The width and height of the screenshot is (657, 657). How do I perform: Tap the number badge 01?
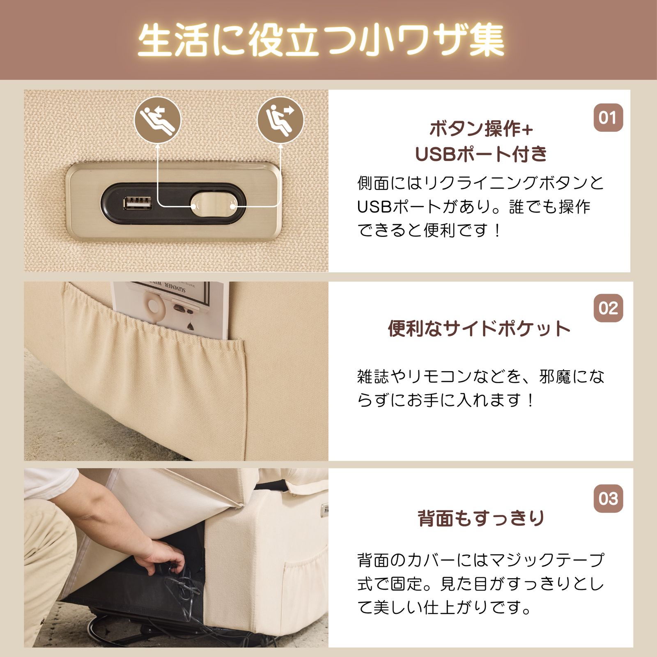pyautogui.click(x=608, y=118)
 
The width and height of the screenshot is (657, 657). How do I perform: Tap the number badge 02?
pyautogui.click(x=608, y=308)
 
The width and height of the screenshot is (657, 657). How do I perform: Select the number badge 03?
pyautogui.click(x=608, y=498)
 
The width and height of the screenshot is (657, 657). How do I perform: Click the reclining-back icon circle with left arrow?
pyautogui.click(x=157, y=120)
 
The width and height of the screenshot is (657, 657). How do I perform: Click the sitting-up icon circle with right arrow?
pyautogui.click(x=280, y=120)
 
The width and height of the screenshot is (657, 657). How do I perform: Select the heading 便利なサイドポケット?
pyautogui.click(x=479, y=328)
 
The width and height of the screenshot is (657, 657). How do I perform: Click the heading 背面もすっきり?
pyautogui.click(x=481, y=519)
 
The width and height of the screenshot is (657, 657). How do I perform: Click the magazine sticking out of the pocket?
pyautogui.click(x=172, y=308)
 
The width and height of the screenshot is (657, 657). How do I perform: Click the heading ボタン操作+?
pyautogui.click(x=481, y=129)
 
